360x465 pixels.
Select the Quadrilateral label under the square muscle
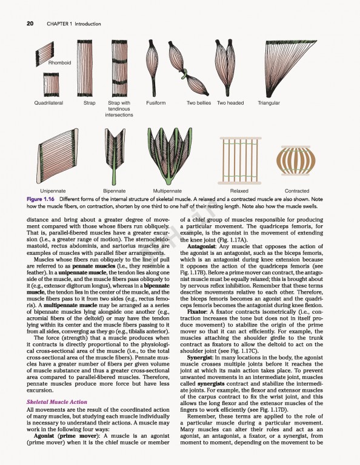tap(48, 103)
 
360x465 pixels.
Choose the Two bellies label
tap(199, 103)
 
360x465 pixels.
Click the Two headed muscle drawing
tap(229, 67)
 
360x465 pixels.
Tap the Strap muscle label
tap(89, 103)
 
